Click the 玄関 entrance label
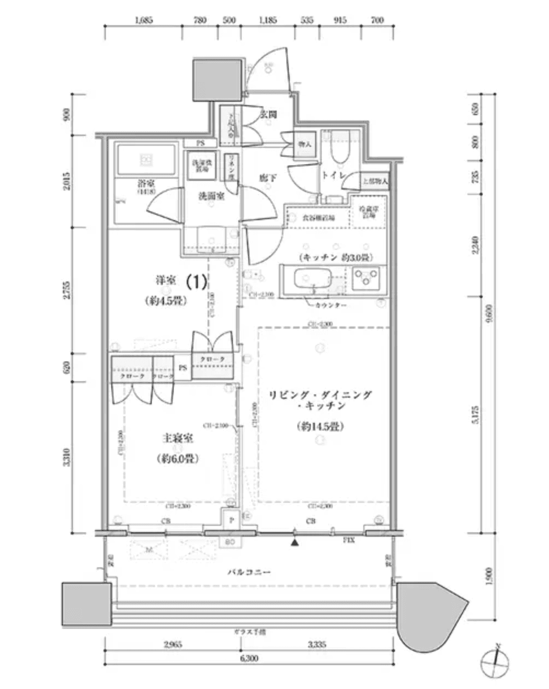[x=267, y=114]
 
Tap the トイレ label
[x=333, y=175]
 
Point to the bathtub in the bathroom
[x=146, y=159]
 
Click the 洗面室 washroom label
[x=210, y=196]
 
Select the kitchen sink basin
[x=310, y=279]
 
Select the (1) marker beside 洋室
[x=196, y=282]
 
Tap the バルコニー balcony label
[x=249, y=572]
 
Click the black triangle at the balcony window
[x=295, y=543]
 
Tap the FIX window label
[x=348, y=541]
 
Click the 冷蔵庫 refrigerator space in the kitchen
[x=368, y=213]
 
